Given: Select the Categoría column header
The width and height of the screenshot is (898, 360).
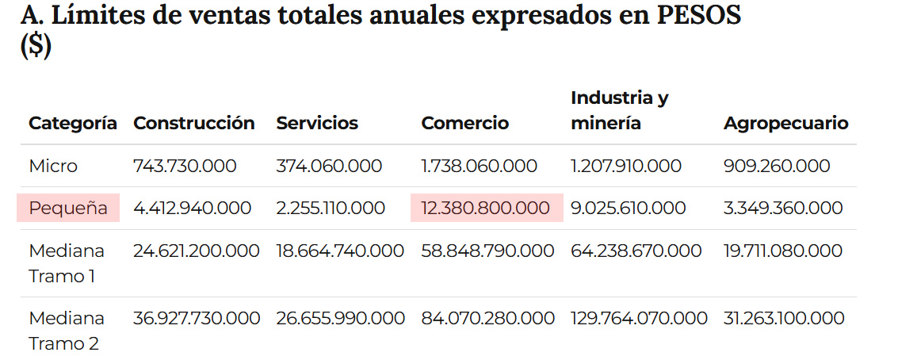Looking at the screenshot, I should pyautogui.click(x=73, y=123).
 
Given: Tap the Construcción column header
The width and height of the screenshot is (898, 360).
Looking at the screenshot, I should pyautogui.click(x=194, y=123).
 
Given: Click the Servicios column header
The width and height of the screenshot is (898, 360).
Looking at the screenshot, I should pyautogui.click(x=317, y=123).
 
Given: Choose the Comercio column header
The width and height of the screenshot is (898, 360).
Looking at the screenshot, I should pyautogui.click(x=464, y=123).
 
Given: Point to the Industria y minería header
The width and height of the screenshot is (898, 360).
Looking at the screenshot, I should pyautogui.click(x=619, y=111).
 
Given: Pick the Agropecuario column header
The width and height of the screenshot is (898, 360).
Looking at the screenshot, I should pyautogui.click(x=785, y=123).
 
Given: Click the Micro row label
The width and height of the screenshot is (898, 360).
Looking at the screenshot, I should pyautogui.click(x=53, y=167).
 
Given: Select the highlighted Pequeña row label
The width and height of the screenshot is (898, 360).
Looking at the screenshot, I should pyautogui.click(x=68, y=209).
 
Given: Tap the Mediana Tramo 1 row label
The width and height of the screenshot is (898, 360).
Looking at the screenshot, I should pyautogui.click(x=67, y=263).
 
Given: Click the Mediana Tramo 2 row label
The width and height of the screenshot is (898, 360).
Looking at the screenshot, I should pyautogui.click(x=67, y=331).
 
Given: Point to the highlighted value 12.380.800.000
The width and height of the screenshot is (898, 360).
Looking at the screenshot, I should pyautogui.click(x=486, y=209).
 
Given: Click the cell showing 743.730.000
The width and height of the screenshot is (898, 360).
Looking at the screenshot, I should pyautogui.click(x=185, y=167).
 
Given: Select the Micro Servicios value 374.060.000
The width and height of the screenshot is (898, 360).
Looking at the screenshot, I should pyautogui.click(x=329, y=167).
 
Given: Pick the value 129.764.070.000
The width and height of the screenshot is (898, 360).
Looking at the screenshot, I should pyautogui.click(x=639, y=319).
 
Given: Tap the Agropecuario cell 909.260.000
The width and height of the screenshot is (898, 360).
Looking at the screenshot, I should pyautogui.click(x=777, y=167).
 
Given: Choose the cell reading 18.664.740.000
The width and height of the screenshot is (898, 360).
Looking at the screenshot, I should pyautogui.click(x=340, y=251).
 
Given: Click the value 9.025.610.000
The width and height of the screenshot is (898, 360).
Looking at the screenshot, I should pyautogui.click(x=629, y=209).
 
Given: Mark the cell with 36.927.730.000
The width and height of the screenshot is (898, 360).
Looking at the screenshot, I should pyautogui.click(x=197, y=319).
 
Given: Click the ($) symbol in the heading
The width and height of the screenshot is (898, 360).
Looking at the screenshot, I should pyautogui.click(x=36, y=48).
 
